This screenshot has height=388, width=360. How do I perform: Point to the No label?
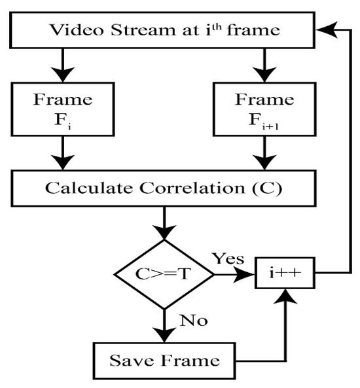[x=193, y=321]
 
